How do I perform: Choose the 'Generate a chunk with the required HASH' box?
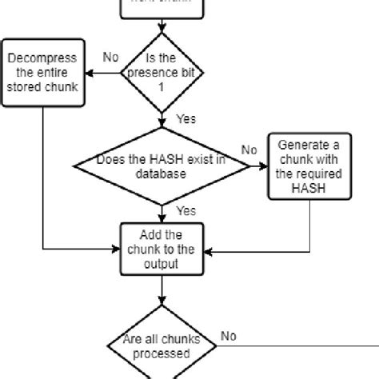click(309, 166)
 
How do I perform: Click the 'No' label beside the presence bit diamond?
click(111, 58)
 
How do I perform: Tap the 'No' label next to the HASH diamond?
click(249, 150)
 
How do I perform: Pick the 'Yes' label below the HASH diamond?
click(185, 211)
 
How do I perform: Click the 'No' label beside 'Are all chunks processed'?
click(229, 337)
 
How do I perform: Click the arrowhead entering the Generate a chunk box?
click(265, 166)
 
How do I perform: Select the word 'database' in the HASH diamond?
click(162, 174)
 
